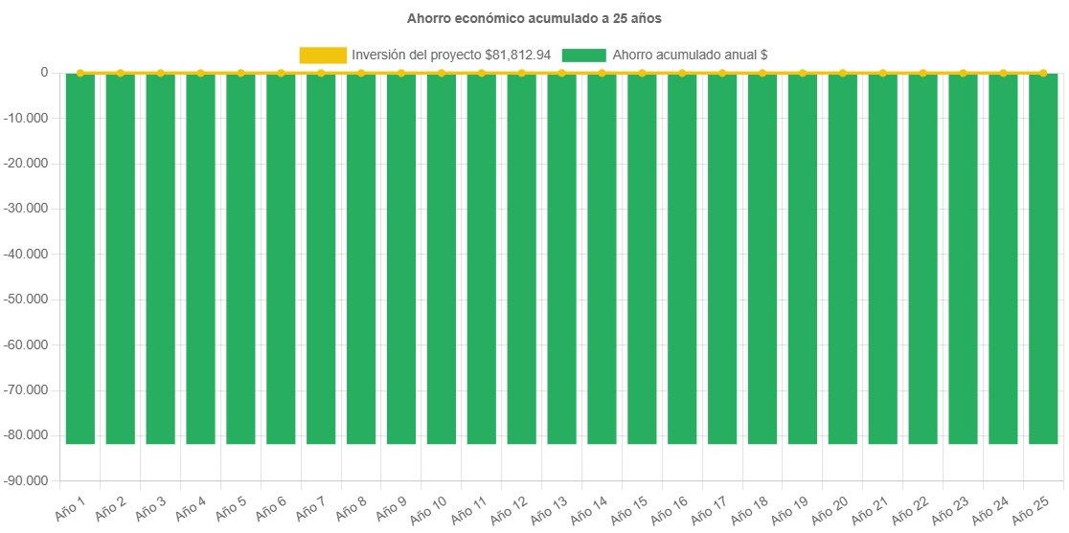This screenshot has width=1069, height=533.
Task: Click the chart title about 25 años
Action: pyautogui.click(x=534, y=18)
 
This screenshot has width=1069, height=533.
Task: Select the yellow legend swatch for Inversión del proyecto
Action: pyautogui.click(x=323, y=55)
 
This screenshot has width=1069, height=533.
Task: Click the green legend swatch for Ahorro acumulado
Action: pyautogui.click(x=583, y=55)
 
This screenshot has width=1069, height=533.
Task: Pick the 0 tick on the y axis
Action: pyautogui.click(x=44, y=72)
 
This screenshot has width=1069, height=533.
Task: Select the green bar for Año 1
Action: pyautogui.click(x=80, y=258)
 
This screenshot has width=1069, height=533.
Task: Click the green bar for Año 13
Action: pyautogui.click(x=561, y=258)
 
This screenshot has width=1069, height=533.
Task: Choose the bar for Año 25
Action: pyautogui.click(x=1043, y=258)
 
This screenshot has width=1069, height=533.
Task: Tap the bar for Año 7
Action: pyautogui.click(x=321, y=258)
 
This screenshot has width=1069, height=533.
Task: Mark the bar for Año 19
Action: pyautogui.click(x=803, y=258)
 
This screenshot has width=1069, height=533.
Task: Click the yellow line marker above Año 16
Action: pyautogui.click(x=682, y=73)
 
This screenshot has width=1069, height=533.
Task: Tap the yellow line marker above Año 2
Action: pyautogui.click(x=120, y=73)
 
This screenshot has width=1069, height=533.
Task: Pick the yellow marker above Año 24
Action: pyautogui.click(x=1003, y=73)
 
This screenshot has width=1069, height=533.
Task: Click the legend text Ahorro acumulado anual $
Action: pyautogui.click(x=690, y=55)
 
